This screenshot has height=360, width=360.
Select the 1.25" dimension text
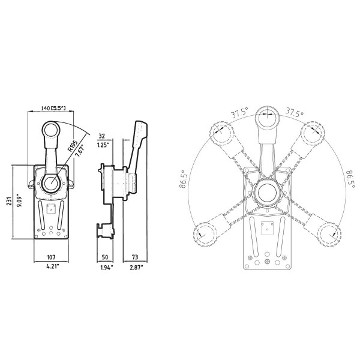(x=103, y=145)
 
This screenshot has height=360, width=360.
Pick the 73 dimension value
(x=134, y=257)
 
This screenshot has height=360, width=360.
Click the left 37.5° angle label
(x=240, y=113)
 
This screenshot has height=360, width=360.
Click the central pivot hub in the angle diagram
(x=266, y=193)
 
